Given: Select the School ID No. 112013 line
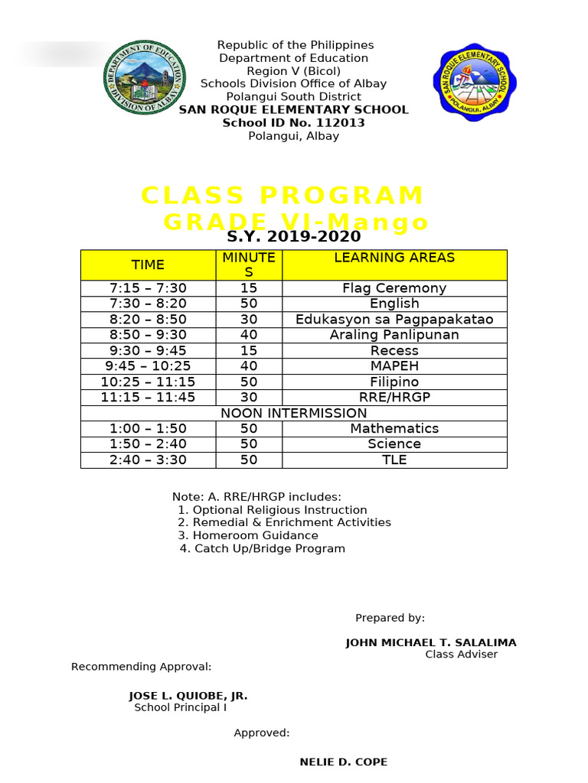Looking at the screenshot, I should coord(293,123).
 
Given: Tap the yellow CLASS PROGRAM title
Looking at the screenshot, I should coord(283,196).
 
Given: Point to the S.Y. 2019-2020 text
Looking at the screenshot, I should coord(293,237).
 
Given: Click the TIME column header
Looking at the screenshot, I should coord(148,265).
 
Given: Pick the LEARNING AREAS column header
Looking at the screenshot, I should coord(394,258).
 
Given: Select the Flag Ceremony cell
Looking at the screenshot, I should coord(394,288).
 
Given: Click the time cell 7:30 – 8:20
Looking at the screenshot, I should coord(148,304).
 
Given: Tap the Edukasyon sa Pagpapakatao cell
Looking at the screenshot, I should coord(394,320).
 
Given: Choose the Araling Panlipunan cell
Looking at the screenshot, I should coord(394,335).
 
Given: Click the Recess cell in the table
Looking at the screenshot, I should coord(394,351).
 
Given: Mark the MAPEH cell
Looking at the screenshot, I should coord(394,366).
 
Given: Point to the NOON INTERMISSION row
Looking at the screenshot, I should coord(293,413).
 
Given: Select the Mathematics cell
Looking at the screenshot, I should coord(394,428).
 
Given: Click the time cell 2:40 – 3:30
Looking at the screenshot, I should coord(148,460).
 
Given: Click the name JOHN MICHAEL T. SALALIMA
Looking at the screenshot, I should coord(431,642).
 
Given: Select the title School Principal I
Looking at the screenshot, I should coord(181,707).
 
